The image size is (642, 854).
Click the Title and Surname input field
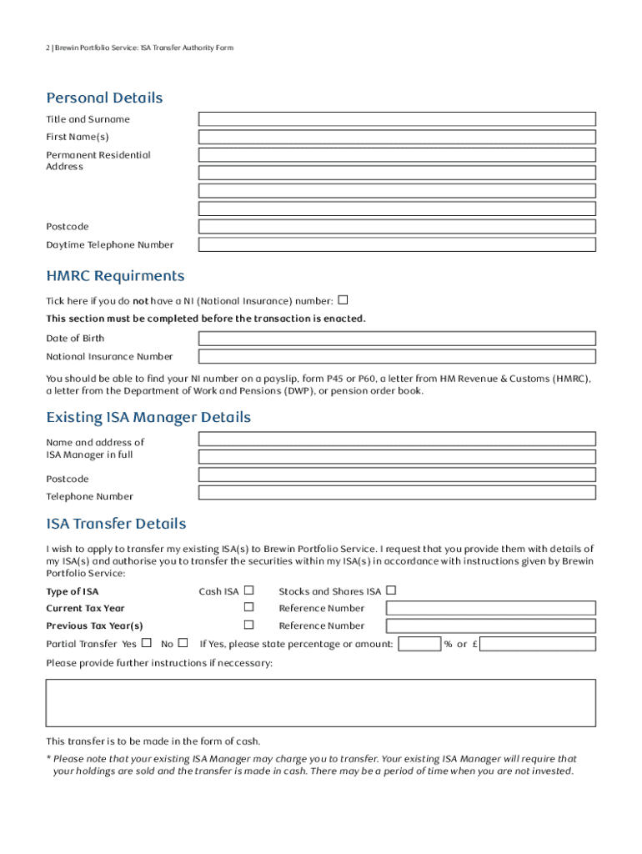pos(397,119)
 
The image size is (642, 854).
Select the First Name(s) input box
pos(397,138)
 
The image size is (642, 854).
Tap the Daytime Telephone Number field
pos(397,244)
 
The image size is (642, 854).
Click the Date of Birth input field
pos(397,339)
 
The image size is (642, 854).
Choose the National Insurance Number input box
pos(397,357)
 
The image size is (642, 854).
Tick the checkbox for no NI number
pos(343,299)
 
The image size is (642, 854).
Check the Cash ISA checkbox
pos(248,590)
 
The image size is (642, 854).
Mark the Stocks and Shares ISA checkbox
pos(391,590)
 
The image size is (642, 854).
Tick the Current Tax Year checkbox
pos(248,608)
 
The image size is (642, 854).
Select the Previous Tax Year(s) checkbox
pos(248,625)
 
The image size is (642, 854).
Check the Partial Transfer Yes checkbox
pos(147,643)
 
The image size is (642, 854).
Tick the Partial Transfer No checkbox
pos(183,643)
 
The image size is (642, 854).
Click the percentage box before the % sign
pos(419,644)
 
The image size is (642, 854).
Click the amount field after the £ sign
pos(539,644)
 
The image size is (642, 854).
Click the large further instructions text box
pos(321,702)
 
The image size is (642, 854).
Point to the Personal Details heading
pos(104,98)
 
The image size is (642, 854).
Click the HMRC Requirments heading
pos(115,276)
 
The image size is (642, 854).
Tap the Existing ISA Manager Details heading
pos(148,417)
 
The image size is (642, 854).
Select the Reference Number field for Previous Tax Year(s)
pos(491,625)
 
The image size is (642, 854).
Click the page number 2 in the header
pos(48,48)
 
